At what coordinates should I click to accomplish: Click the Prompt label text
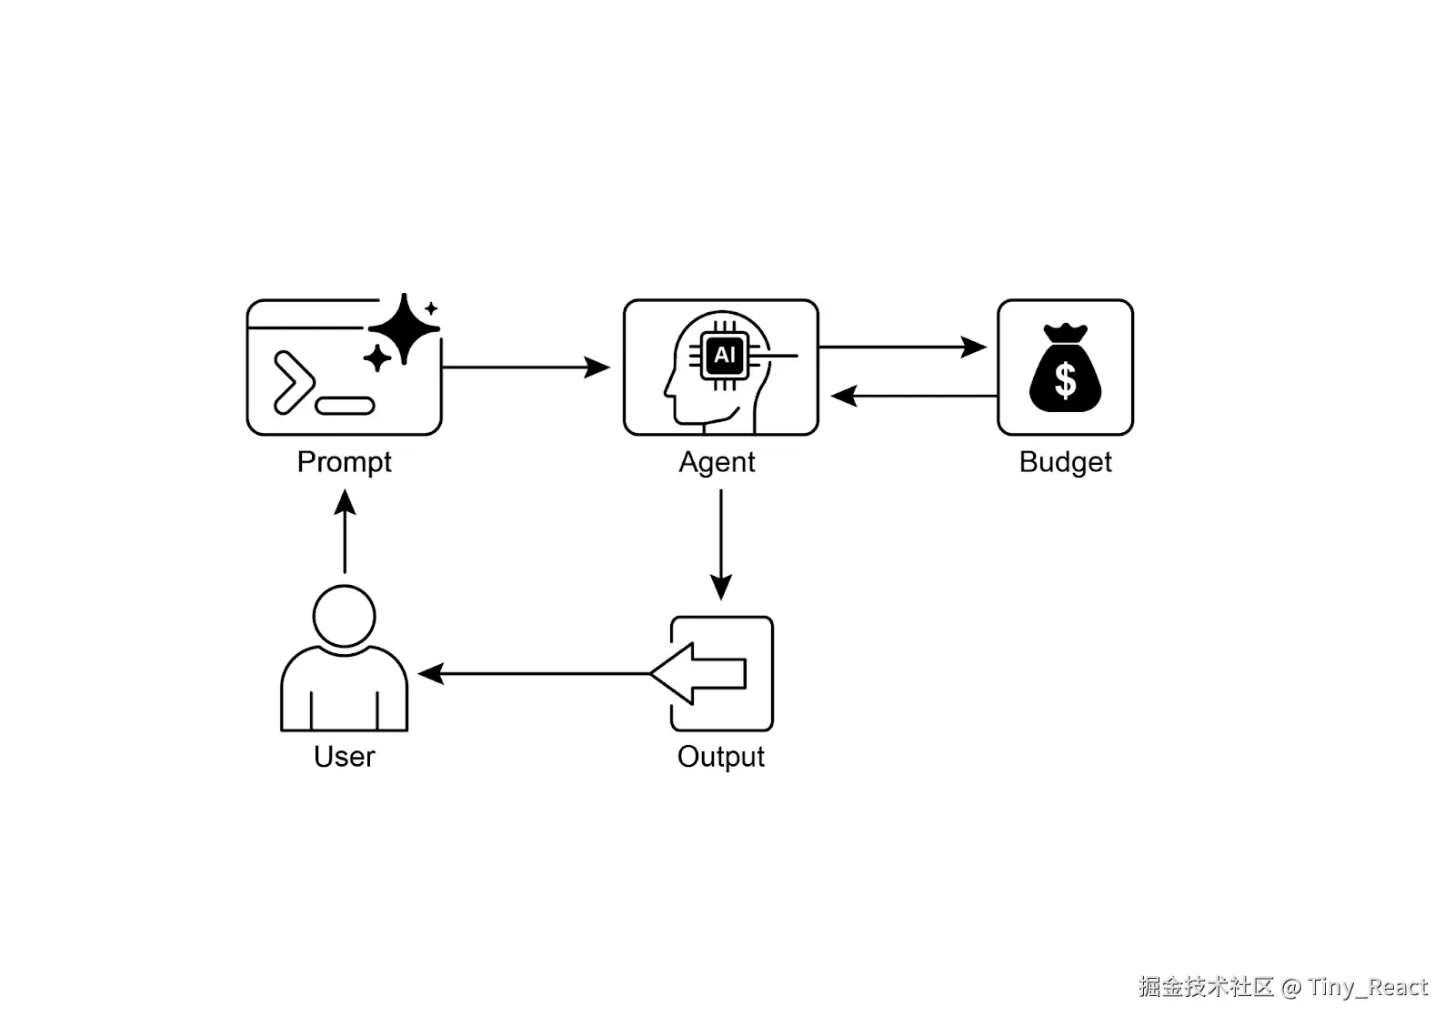tap(345, 463)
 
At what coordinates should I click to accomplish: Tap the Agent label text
tap(717, 463)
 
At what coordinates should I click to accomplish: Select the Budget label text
tap(1065, 463)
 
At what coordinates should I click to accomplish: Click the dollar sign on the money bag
tap(1065, 379)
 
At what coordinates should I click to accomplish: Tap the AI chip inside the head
tap(724, 356)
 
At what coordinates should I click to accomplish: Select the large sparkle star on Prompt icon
tap(404, 328)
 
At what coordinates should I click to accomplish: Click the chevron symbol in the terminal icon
tap(295, 383)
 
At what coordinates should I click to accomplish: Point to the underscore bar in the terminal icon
tap(345, 406)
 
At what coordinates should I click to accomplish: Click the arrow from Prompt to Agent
tap(526, 367)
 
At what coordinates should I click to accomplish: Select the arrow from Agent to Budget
tap(903, 347)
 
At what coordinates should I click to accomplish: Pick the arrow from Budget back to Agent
tap(915, 396)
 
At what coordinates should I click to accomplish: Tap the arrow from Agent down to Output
tap(721, 545)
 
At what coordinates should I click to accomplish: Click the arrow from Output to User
tap(534, 674)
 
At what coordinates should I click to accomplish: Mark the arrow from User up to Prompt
tap(345, 531)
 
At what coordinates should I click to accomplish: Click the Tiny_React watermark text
tap(1368, 988)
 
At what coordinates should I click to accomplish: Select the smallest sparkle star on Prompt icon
tap(431, 308)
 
